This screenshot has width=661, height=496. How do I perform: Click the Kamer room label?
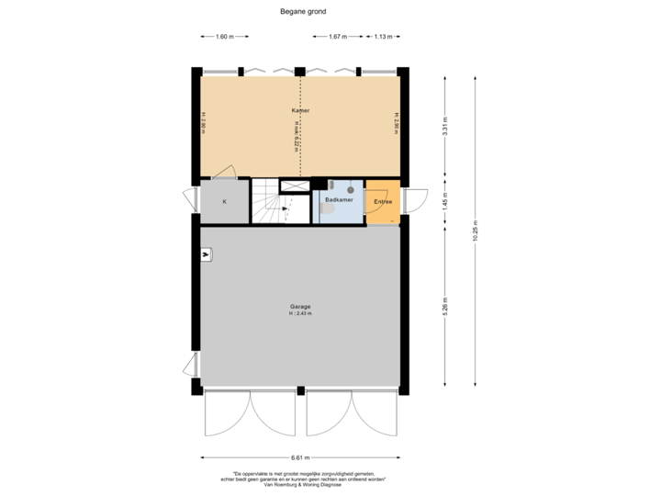point(300,110)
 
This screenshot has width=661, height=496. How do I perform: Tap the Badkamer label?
point(339,198)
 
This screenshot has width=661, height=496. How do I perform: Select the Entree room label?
point(383,201)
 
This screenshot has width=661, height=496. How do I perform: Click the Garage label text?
point(300,306)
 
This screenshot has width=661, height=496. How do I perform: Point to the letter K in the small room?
point(224,200)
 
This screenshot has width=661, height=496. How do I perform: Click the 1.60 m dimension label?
point(224,37)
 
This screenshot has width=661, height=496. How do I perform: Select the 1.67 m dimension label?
point(338,37)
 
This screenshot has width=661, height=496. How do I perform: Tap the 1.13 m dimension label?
point(383,37)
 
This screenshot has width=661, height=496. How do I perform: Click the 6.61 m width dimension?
point(300,457)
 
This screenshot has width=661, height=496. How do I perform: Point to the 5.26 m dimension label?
point(445,305)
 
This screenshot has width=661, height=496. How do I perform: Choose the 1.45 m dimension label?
point(445,199)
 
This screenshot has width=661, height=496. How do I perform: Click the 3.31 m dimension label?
point(445,125)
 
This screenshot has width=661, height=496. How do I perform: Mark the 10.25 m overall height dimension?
point(475,230)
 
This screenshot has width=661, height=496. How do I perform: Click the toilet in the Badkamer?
point(327,209)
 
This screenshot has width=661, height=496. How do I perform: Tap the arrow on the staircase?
point(285,209)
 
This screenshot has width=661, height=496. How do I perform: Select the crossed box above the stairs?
point(295,186)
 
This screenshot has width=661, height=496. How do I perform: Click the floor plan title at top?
point(303,12)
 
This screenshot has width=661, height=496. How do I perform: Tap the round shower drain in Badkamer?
point(351,189)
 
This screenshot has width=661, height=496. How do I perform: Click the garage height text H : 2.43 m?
point(300,314)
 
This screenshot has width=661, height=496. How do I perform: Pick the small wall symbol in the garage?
point(207,254)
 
